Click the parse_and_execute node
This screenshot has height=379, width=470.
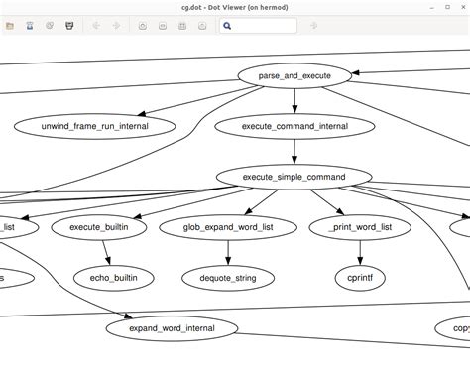coord(294,75)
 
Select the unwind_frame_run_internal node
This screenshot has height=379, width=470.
coord(95,126)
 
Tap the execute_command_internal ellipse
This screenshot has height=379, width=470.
coord(294,126)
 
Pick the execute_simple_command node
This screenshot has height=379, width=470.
coord(294,178)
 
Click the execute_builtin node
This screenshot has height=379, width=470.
coord(107,227)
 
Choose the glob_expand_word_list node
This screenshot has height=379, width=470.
coord(229,227)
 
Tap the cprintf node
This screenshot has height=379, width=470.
coord(354,278)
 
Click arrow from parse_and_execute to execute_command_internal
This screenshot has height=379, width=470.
coord(294,101)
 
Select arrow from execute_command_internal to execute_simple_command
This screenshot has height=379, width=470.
coord(294,152)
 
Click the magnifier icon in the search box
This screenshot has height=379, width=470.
coord(227,26)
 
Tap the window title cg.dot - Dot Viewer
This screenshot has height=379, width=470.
coord(235,6)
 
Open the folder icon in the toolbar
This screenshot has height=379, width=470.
coord(10,26)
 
